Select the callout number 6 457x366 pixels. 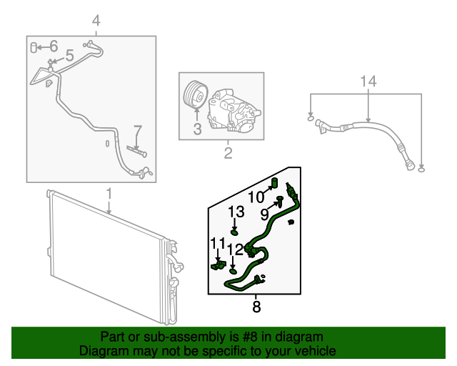(53, 47)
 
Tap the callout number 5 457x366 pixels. (69, 55)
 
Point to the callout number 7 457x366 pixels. (138, 131)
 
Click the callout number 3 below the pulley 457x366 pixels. (197, 129)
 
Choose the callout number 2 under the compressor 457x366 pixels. (228, 153)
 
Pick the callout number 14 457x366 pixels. (367, 81)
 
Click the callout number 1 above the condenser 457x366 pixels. (109, 194)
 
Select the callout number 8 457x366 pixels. (256, 308)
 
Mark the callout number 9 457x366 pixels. (263, 213)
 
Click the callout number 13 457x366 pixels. (236, 212)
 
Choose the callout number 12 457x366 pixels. (236, 249)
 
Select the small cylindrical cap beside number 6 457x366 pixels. (34, 47)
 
